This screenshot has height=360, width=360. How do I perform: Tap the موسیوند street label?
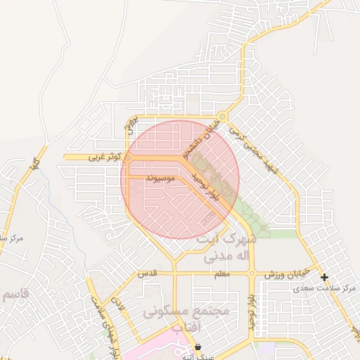[x=160, y=179]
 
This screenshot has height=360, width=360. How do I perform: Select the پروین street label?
[x=129, y=125]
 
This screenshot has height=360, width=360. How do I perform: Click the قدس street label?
[x=146, y=272]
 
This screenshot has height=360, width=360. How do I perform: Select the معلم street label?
[x=222, y=274]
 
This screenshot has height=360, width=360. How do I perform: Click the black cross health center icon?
[x=324, y=277]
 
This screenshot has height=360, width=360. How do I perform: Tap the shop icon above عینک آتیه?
[x=198, y=347]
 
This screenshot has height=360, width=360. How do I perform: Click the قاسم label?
[x=14, y=293]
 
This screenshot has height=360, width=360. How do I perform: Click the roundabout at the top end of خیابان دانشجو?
[x=223, y=117]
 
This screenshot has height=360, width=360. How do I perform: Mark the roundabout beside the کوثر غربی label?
[x=128, y=159]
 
